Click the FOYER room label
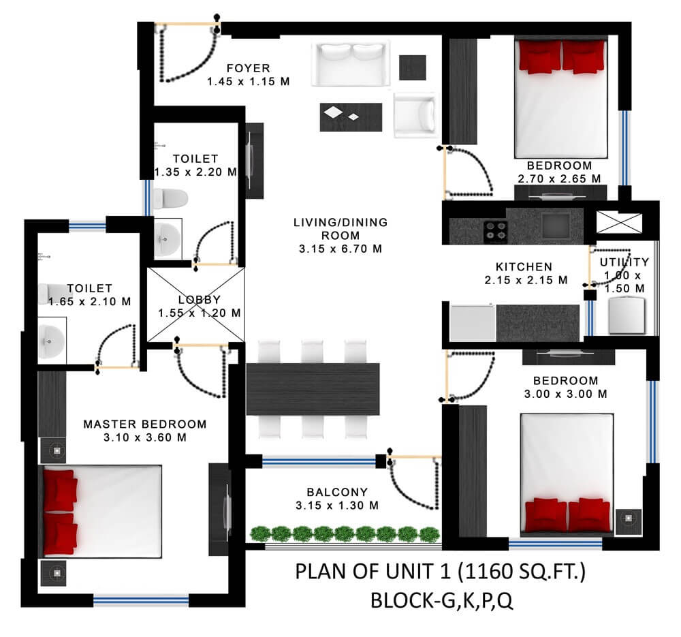coord(249,68)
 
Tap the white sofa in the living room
coord(350,64)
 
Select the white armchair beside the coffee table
coord(414,114)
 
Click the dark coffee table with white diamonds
coord(351,117)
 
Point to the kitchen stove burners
coord(496,231)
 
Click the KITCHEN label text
coord(524,267)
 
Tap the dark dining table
coord(313,389)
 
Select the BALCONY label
coord(337,492)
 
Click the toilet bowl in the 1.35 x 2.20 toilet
coord(170,198)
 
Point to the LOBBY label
coord(200,300)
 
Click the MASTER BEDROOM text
coord(144,424)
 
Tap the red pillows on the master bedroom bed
coord(61,513)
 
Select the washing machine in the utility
coord(627,315)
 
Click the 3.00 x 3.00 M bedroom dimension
coord(565,394)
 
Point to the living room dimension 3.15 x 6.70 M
coord(340,249)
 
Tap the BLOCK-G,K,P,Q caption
coord(442,601)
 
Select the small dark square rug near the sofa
coord(413,67)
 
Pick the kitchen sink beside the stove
coord(556,226)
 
